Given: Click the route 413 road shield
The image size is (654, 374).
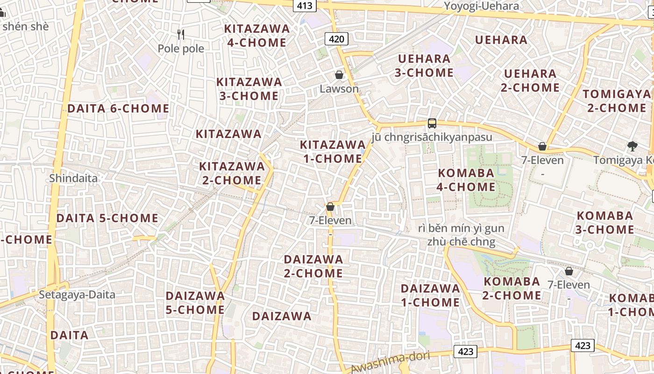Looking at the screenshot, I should coord(306,6).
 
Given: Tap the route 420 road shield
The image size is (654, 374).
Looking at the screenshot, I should coord(336,39).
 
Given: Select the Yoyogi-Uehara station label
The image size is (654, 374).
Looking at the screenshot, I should coord(481,6).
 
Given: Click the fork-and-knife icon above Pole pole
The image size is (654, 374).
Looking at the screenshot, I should coord(181,34).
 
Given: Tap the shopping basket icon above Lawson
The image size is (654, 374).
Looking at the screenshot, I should coord(339,75).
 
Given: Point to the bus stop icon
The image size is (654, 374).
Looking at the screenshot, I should coord(432,123).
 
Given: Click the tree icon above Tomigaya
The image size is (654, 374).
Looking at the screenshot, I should coord(633,146).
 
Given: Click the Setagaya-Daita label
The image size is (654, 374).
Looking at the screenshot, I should coord(77,295).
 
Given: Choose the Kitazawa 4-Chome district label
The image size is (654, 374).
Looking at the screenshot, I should coord(257,36).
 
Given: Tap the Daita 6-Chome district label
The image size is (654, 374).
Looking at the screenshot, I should coord(118,108).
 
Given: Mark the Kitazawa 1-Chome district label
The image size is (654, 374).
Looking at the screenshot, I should coord(332,151).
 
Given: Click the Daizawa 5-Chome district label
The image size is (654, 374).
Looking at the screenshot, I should coord(195,302).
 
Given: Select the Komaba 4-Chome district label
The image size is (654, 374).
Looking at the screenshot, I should coord(466,180).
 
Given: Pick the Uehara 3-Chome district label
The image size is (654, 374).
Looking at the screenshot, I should coord(424,65).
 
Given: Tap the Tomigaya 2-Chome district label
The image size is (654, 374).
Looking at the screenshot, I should coord(617,101).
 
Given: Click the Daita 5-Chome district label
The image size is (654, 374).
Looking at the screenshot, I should coord(107,218).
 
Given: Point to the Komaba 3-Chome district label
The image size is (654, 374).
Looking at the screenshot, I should coord(604,223).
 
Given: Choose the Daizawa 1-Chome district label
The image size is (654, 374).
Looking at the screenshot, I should coord(430,295).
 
